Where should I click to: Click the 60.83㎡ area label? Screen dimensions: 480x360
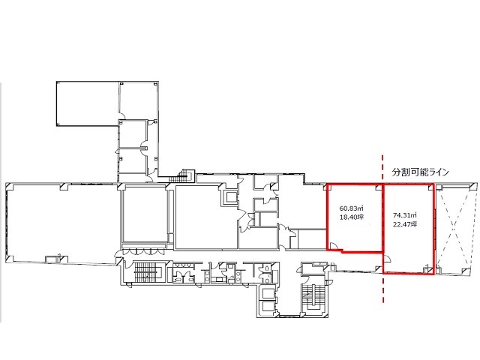pyautogui.click(x=351, y=208)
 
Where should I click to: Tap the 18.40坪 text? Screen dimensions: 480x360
pyautogui.click(x=352, y=217)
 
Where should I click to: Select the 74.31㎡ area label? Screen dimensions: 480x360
pyautogui.click(x=405, y=215)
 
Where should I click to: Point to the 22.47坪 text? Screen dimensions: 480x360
pyautogui.click(x=405, y=224)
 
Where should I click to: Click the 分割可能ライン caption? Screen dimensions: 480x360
pyautogui.click(x=420, y=172)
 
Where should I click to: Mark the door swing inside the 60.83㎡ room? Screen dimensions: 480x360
pyautogui.click(x=334, y=246)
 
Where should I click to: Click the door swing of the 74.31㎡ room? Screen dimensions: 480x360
pyautogui.click(x=387, y=259)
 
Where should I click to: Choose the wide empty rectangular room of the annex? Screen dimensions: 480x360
pyautogui.click(x=88, y=103)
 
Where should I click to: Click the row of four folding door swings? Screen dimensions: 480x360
pyautogui.click(x=143, y=251)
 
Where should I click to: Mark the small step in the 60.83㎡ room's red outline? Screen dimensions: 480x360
pyautogui.click(x=342, y=251)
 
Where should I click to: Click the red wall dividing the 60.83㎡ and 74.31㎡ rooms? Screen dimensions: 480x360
pyautogui.click(x=382, y=218)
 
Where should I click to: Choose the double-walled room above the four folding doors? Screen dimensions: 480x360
pyautogui.click(x=145, y=216)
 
